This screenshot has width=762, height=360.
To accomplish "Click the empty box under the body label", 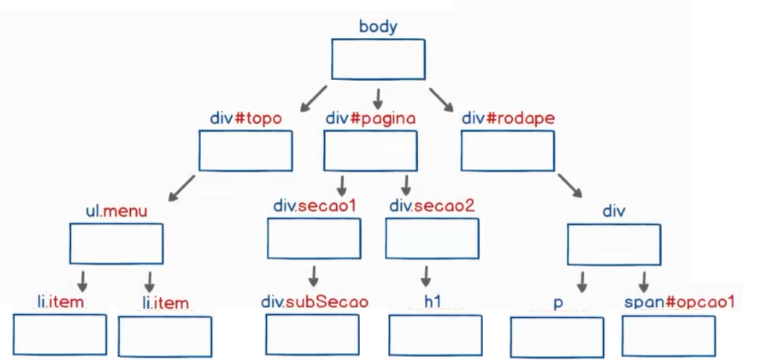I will (x=378, y=59).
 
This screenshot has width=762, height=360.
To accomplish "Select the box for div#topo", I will (x=245, y=150).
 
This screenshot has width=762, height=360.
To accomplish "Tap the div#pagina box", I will (x=370, y=150).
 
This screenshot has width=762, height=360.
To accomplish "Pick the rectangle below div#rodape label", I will (x=507, y=150).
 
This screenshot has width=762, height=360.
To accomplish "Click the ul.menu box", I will (x=116, y=243).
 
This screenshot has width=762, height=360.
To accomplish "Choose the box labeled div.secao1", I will (x=313, y=238).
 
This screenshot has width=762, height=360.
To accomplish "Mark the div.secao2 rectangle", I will (x=432, y=238).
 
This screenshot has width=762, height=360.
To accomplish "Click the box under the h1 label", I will (x=435, y=335).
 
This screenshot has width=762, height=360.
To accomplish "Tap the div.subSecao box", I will (x=312, y=334).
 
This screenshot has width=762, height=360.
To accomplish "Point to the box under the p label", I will (x=557, y=336).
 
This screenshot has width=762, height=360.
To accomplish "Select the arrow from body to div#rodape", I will (x=441, y=99).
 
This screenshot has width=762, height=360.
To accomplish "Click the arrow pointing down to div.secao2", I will (x=406, y=185).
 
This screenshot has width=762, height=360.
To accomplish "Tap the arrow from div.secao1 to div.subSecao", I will (x=313, y=276).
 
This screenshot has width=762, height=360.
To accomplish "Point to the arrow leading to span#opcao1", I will (x=644, y=281).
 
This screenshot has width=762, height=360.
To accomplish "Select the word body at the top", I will (x=378, y=27).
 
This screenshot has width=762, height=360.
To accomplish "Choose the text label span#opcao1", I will (x=679, y=301).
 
